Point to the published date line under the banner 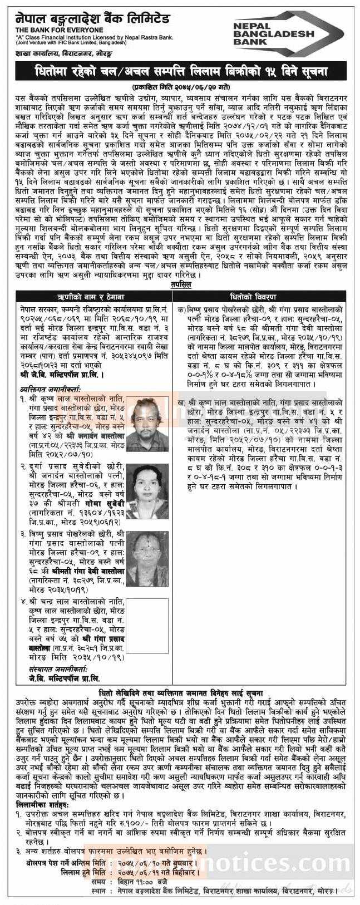point(179,87)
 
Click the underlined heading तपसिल point(180,284)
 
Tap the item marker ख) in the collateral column point(181,402)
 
